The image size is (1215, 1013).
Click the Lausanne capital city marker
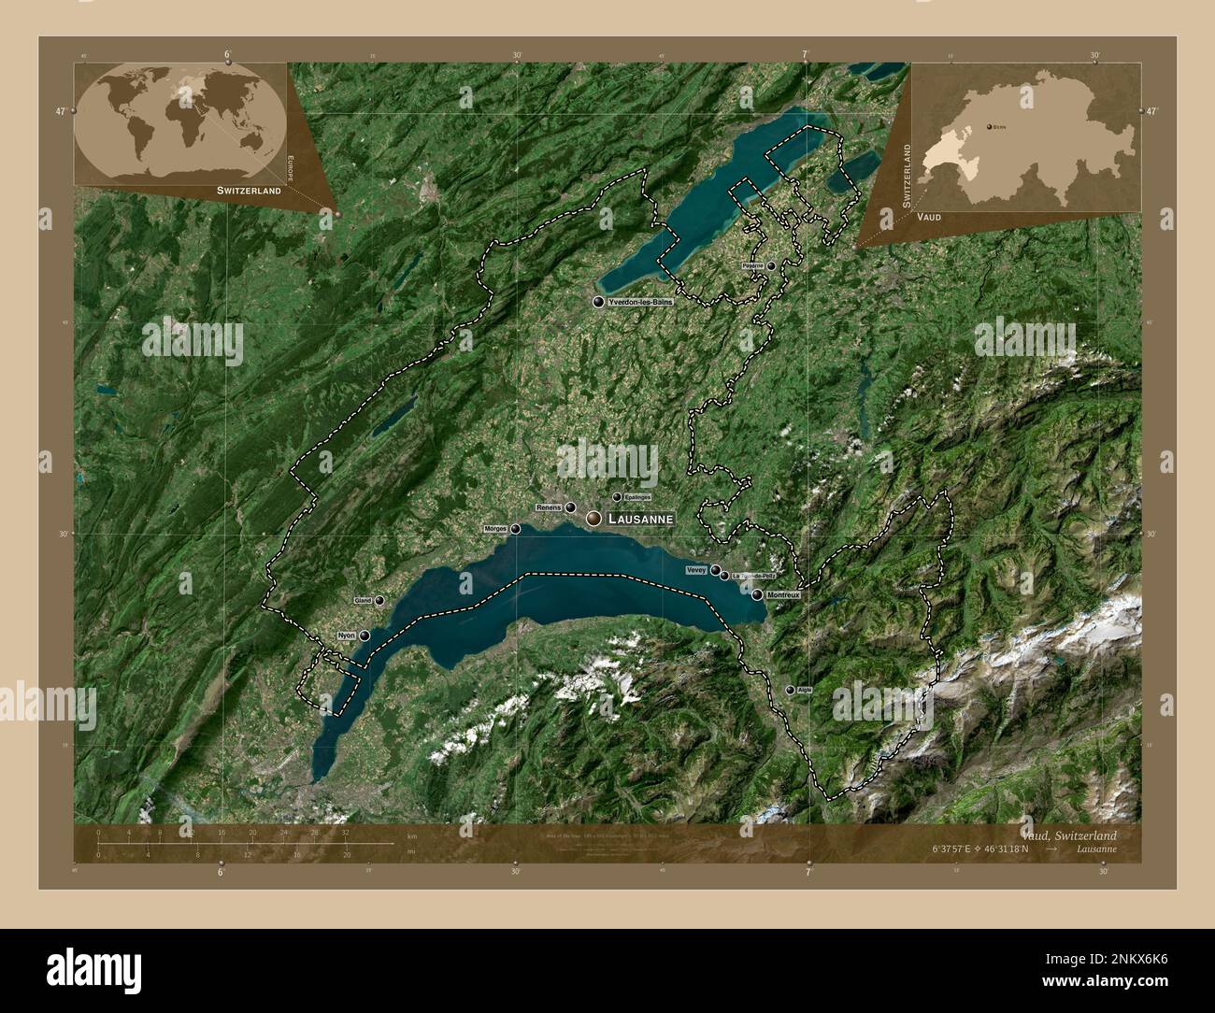click(593, 518)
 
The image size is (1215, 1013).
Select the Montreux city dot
click(757, 594)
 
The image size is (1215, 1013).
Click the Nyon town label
click(346, 635)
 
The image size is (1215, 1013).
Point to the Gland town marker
click(379, 601)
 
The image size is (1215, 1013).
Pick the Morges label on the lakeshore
click(495, 529)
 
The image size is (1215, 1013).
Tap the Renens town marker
click(570, 507)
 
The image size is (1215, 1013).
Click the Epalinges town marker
click(617, 497)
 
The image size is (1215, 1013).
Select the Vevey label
click(695, 569)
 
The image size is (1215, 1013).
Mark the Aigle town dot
click(791, 690)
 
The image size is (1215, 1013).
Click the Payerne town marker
click(771, 265)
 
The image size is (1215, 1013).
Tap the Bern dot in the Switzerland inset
click(989, 125)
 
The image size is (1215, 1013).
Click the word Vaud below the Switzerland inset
click(929, 217)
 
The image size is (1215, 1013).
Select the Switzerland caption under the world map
click(249, 191)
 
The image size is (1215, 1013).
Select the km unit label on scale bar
click(411, 835)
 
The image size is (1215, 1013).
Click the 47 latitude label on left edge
click(61, 111)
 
